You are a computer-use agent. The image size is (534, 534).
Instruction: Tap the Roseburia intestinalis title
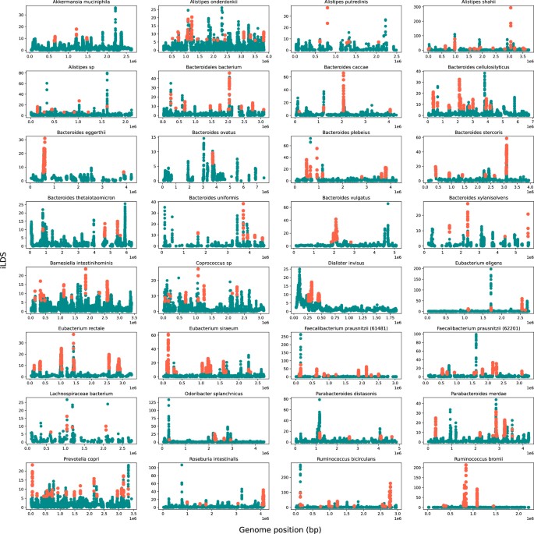point(210,459)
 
